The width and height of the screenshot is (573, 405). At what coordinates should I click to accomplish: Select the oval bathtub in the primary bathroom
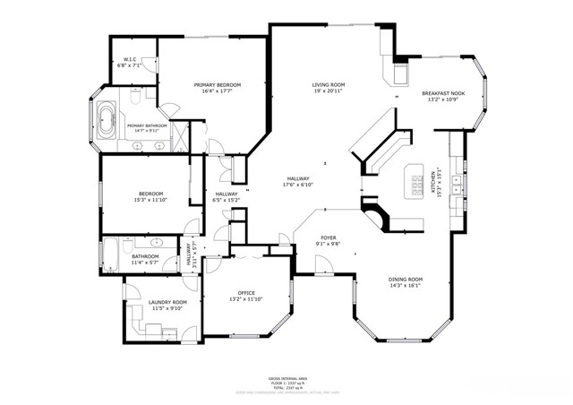tap(107, 120)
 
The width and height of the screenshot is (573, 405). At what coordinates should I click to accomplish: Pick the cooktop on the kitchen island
tap(417, 184)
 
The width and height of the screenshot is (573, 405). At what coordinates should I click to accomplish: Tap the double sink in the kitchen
tap(458, 185)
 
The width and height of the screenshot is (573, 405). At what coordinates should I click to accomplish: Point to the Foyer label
tap(328, 238)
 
